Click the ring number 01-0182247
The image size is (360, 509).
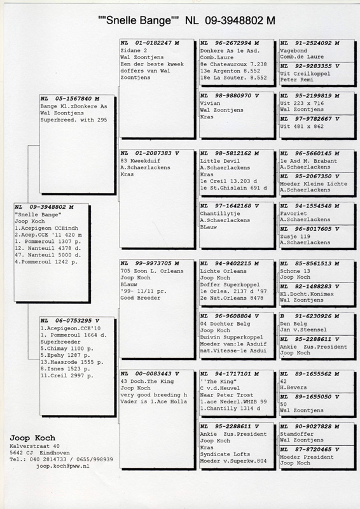pyautogui.click(x=154, y=43)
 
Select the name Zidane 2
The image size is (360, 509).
pyautogui.click(x=134, y=51)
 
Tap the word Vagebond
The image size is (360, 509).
pyautogui.click(x=293, y=51)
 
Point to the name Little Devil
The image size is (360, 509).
pyautogui.click(x=220, y=161)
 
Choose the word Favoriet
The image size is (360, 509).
pyautogui.click(x=293, y=214)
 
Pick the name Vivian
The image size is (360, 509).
pyautogui.click(x=210, y=103)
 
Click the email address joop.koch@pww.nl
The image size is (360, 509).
pyautogui.click(x=63, y=466)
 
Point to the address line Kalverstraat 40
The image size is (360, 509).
pyautogui.click(x=35, y=446)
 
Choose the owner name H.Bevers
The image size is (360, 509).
pyautogui.click(x=293, y=387)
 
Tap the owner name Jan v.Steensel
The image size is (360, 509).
pyautogui.click(x=303, y=330)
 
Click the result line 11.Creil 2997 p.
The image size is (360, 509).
pyautogui.click(x=67, y=375)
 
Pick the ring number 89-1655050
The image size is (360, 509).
pyautogui.click(x=314, y=396)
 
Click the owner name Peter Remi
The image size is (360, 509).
pyautogui.click(x=296, y=80)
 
